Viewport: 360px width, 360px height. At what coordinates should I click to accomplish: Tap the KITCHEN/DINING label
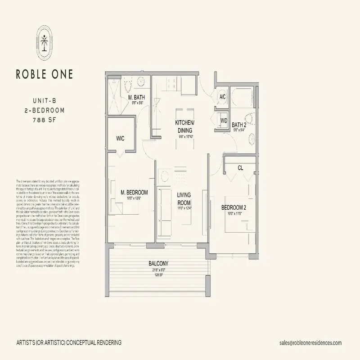[184, 126]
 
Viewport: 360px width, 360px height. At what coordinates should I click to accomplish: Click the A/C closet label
[222, 97]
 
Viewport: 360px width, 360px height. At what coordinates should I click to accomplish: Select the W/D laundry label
[224, 120]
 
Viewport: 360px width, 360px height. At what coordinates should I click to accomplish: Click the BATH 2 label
[238, 125]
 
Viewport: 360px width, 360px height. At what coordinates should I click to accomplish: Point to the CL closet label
[240, 167]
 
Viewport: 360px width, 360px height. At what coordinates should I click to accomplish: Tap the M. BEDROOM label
[135, 193]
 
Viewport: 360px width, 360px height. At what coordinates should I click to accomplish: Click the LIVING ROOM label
[184, 198]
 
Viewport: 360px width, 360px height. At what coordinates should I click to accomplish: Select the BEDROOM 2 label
[234, 207]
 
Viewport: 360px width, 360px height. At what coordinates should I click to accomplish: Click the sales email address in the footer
[310, 343]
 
